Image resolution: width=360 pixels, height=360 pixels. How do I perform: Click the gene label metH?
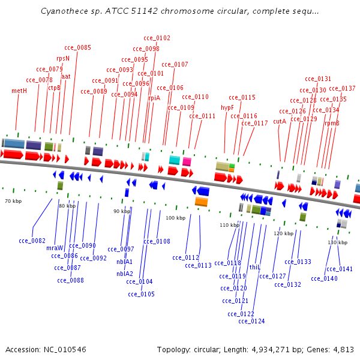pyautogui.click(x=19, y=91)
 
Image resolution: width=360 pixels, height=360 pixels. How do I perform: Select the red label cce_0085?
pyautogui.click(x=78, y=47)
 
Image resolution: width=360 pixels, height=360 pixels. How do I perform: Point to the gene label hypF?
pyautogui.click(x=227, y=107)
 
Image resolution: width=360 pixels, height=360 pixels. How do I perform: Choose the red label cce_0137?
pyautogui.click(x=342, y=88)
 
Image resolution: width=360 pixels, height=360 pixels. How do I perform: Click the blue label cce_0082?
pyautogui.click(x=32, y=241)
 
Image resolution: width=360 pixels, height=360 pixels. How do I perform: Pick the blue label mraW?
pyautogui.click(x=55, y=248)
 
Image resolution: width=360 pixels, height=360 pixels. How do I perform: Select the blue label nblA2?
pyautogui.click(x=125, y=274)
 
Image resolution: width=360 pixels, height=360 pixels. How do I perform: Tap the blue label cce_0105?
pyautogui.click(x=141, y=294)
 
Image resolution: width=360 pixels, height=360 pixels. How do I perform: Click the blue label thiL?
pyautogui.click(x=255, y=267)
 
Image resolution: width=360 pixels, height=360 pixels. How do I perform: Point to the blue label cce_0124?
pyautogui.click(x=251, y=321)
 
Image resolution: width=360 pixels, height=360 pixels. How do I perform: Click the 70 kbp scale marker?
pyautogui.click(x=13, y=201)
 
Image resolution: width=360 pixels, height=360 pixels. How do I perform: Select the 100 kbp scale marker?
pyautogui.click(x=176, y=218)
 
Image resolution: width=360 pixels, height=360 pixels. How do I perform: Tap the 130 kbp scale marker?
pyautogui.click(x=338, y=242)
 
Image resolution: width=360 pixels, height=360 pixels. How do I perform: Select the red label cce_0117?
pyautogui.click(x=254, y=123)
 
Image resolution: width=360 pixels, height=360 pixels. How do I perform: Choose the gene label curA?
pyautogui.click(x=280, y=121)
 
